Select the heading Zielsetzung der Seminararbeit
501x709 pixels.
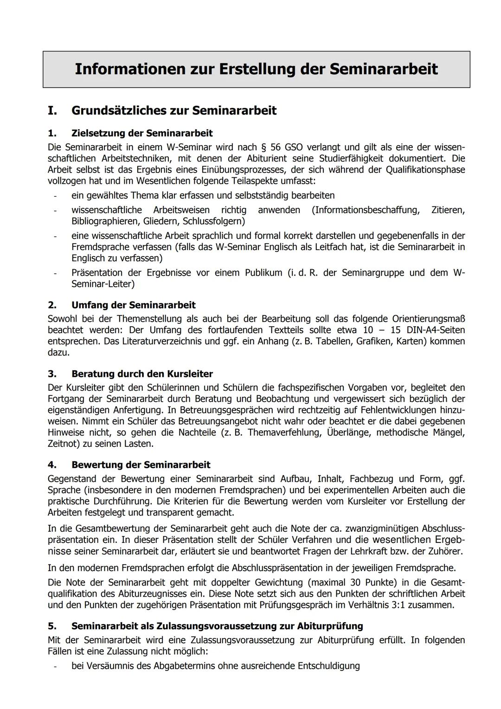142,133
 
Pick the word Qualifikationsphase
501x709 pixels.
425,169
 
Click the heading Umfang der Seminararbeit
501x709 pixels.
133,305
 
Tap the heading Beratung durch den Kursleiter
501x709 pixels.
142,374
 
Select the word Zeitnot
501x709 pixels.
63,444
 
